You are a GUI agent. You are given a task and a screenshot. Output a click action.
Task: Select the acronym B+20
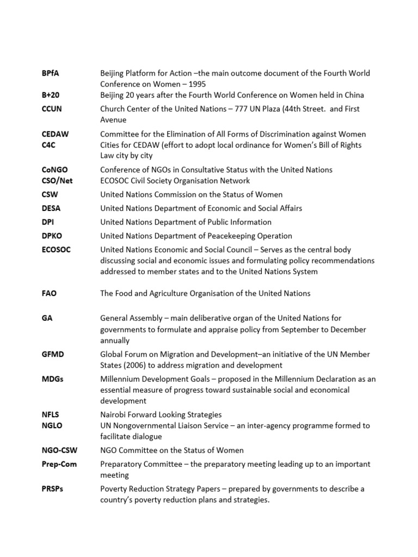point(51,95)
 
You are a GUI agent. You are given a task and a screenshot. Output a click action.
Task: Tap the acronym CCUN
point(52,109)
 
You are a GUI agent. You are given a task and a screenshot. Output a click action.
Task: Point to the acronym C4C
point(48,145)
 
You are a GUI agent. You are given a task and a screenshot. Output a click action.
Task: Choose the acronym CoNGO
point(54,170)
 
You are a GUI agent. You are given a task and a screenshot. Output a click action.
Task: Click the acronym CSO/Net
point(57,181)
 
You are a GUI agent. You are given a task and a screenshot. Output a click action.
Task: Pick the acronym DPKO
point(53,236)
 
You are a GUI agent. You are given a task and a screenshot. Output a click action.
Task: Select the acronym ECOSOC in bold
point(56,250)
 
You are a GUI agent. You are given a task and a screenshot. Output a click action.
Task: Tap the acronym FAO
point(49,293)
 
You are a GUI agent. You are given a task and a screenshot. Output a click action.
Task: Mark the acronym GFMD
point(53,354)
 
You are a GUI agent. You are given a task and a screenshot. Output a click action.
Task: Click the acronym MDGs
point(52,379)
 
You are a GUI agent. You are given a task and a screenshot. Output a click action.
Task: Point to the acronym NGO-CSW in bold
point(59,450)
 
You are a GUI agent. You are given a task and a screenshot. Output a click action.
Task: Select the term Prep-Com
point(58,464)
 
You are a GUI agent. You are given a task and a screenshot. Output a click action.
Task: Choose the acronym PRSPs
point(52,488)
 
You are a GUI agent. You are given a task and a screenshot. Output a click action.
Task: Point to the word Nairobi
point(115,414)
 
